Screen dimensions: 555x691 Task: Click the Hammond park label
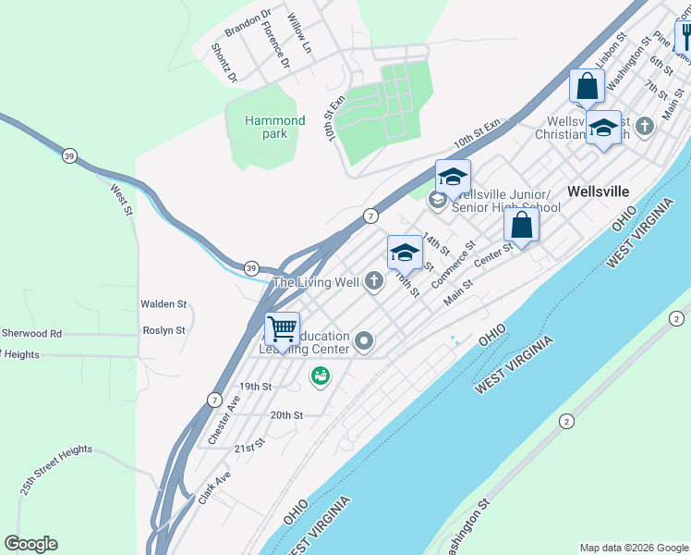tap(274, 127)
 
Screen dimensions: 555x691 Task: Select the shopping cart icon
tap(283, 327)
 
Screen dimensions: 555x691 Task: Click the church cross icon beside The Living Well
tap(374, 281)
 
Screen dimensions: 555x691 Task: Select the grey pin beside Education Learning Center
tap(365, 342)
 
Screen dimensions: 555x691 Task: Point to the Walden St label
tap(164, 303)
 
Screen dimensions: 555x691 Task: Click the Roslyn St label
tap(164, 330)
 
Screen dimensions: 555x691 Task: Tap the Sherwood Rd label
tap(30, 333)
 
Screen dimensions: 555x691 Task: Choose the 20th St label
tap(286, 416)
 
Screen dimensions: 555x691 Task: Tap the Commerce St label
tap(453, 263)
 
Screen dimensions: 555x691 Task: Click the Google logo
tap(30, 544)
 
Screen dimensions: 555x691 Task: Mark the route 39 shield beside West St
tap(69, 155)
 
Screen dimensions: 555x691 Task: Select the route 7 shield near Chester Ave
tap(213, 401)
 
